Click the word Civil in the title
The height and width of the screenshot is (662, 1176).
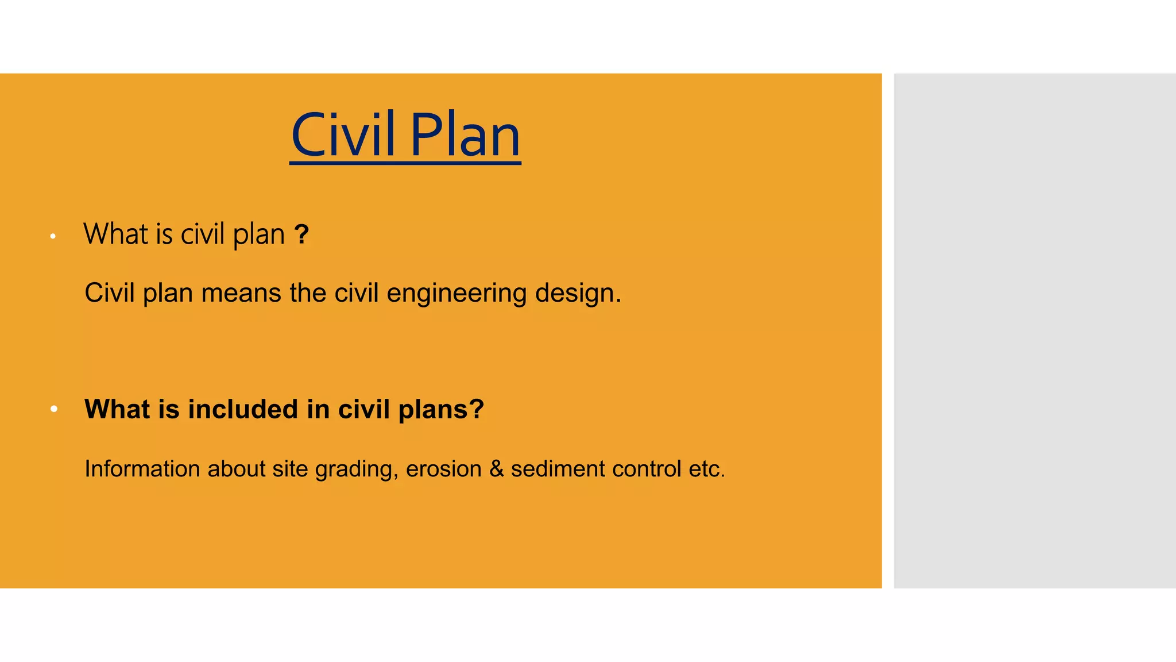(x=343, y=135)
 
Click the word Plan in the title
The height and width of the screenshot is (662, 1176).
(x=465, y=135)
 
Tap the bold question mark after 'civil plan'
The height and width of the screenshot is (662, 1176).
(x=301, y=234)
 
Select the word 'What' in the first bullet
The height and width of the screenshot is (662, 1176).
(x=116, y=234)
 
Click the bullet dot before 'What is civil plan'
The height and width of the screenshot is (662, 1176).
(x=53, y=236)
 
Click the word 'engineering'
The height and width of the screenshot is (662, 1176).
(x=457, y=293)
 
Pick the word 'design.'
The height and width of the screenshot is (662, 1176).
(x=578, y=293)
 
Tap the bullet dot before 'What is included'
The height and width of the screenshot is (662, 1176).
(x=54, y=409)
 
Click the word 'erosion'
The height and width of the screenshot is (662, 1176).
(x=443, y=469)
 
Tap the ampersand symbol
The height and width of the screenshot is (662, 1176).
(x=496, y=469)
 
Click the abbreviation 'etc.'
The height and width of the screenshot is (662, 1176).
(x=707, y=469)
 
